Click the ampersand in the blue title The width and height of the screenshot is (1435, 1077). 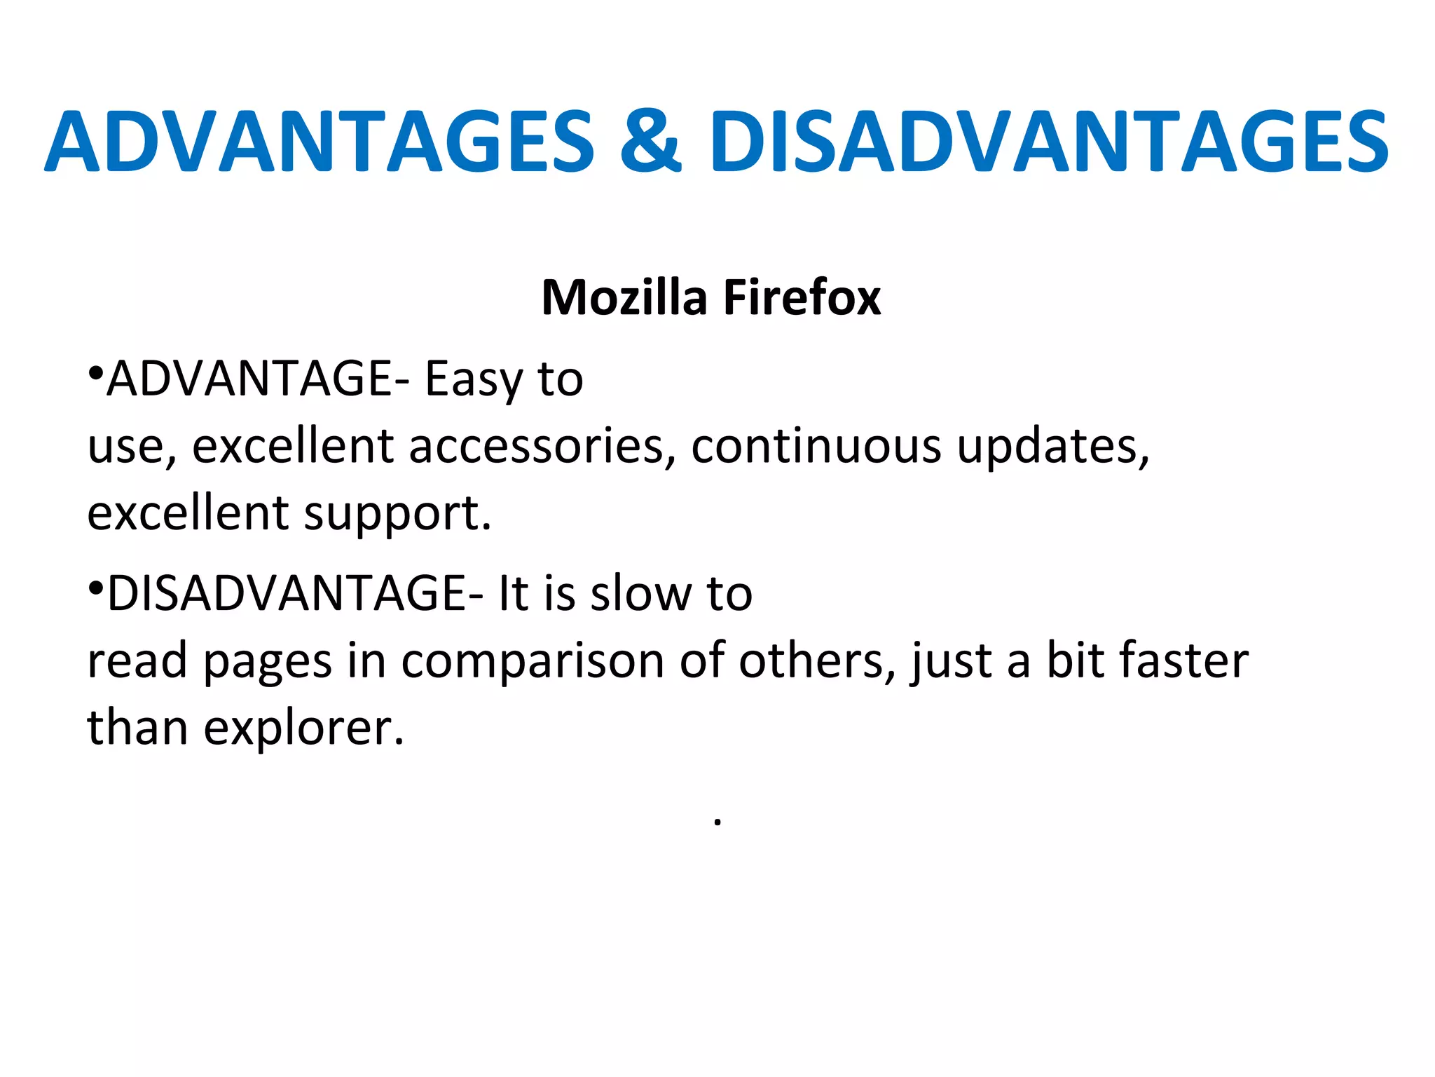pos(650,142)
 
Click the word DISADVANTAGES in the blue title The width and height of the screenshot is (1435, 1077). pos(1048,142)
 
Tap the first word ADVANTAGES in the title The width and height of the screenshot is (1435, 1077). pos(320,142)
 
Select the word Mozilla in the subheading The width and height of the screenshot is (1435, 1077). pos(624,298)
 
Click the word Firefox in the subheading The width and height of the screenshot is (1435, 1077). pos(802,298)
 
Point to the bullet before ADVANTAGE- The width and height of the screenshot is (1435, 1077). pos(96,371)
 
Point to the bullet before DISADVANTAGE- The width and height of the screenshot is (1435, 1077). pos(96,585)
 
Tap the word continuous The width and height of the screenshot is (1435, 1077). pos(816,447)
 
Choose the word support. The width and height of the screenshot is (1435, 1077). pos(397,514)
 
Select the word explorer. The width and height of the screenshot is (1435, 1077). pos(303,729)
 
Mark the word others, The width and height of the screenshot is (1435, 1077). pos(817,661)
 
